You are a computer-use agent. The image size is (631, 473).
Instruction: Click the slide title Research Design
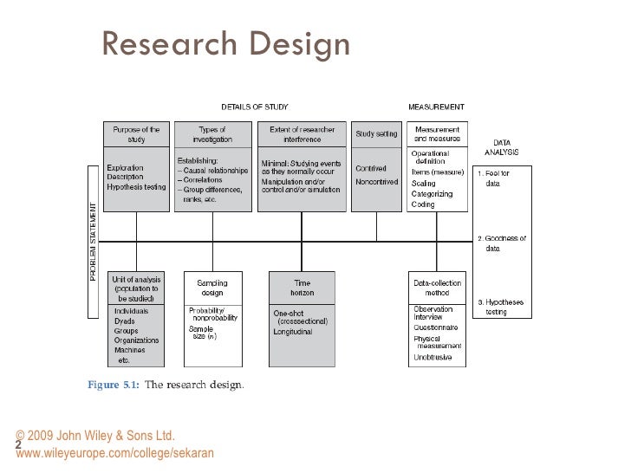click(x=226, y=43)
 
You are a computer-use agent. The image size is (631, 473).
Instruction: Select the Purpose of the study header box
click(x=137, y=134)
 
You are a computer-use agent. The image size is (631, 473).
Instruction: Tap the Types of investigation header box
click(x=212, y=134)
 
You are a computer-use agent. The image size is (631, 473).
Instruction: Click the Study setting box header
click(x=376, y=134)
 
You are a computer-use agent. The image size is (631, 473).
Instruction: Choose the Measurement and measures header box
click(x=437, y=134)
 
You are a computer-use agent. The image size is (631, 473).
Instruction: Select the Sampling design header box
click(x=212, y=288)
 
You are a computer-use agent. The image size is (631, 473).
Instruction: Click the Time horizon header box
click(x=302, y=288)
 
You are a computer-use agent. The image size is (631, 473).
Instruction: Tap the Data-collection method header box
click(x=437, y=288)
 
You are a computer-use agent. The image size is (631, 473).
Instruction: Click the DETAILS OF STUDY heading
click(x=254, y=107)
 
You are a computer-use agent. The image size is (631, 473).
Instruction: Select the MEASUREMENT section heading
click(x=436, y=107)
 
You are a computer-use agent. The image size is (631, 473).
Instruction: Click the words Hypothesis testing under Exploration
click(x=136, y=187)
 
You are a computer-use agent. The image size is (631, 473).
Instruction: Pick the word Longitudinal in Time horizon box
click(x=294, y=332)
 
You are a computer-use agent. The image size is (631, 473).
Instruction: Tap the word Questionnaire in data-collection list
click(x=436, y=327)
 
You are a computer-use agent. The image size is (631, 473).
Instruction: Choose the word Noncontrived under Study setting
click(x=376, y=183)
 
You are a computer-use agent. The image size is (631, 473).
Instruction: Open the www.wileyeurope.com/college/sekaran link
click(x=114, y=453)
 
